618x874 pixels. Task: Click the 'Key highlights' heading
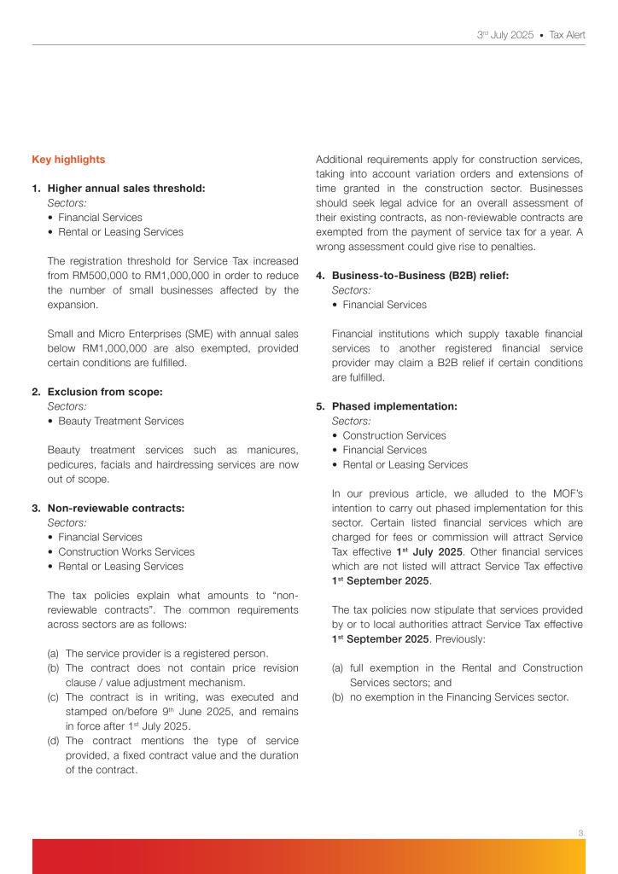tap(68, 160)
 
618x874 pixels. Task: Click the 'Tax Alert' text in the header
tap(567, 35)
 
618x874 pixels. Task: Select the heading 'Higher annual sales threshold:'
tap(126, 189)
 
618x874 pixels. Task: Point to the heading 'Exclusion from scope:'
tap(105, 392)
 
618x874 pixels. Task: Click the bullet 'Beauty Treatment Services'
tap(120, 421)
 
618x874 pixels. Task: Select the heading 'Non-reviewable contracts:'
tap(116, 508)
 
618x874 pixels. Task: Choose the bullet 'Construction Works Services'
tap(126, 551)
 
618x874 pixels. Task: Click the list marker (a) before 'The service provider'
tap(54, 653)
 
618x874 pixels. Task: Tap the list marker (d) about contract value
tap(54, 740)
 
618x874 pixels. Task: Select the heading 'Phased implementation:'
tap(394, 406)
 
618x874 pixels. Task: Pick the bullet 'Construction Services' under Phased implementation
tap(394, 435)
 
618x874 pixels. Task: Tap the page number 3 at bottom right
tap(580, 831)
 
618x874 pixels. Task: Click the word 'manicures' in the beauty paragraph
tap(270, 450)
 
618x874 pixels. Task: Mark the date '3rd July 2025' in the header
tap(505, 35)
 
